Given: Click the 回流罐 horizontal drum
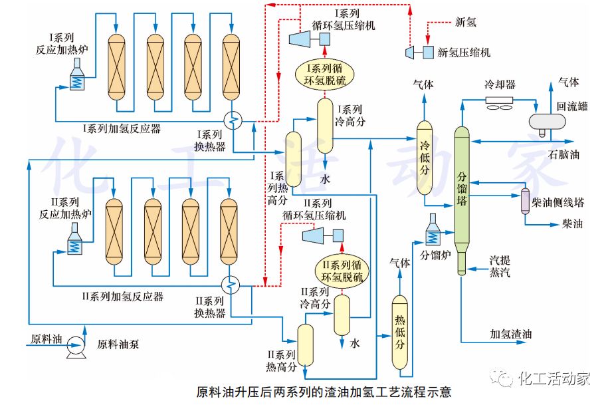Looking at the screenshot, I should [546, 120].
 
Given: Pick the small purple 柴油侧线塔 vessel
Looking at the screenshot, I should [524, 200].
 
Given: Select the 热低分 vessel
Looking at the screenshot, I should [399, 333].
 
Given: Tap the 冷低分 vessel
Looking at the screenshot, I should [425, 160].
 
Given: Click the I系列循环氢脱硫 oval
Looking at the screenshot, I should [325, 74].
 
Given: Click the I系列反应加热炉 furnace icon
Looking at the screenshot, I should [78, 74].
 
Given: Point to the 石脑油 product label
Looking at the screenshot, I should [563, 155].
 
